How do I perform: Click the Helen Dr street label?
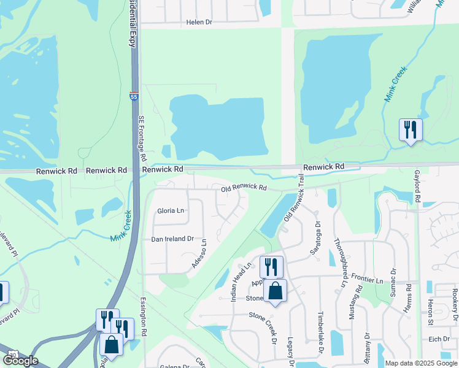click(199, 22)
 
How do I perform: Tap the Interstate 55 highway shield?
click(134, 96)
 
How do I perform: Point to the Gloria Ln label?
click(171, 210)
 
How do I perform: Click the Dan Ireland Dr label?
click(172, 239)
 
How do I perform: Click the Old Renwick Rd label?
click(244, 188)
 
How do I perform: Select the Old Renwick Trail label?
click(295, 206)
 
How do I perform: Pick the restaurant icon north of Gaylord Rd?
click(410, 130)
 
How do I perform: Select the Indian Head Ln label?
click(241, 282)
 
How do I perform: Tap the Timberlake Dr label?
click(320, 341)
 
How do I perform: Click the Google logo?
click(20, 361)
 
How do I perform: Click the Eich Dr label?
click(439, 339)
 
